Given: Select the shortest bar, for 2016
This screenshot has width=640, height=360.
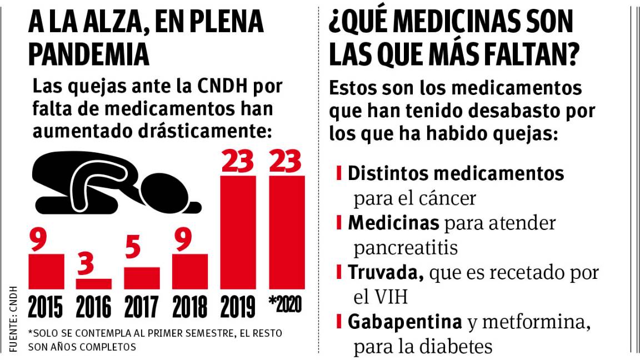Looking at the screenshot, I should (x=93, y=284).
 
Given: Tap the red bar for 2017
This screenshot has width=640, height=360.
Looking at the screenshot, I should (x=142, y=278).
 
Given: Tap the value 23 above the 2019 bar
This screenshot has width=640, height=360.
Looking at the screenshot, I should (x=238, y=161).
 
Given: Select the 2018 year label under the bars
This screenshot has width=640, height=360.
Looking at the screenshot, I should (x=190, y=307).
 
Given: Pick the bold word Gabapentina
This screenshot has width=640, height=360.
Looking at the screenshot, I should (x=405, y=322).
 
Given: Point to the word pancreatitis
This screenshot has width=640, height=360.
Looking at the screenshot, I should (x=406, y=247).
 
